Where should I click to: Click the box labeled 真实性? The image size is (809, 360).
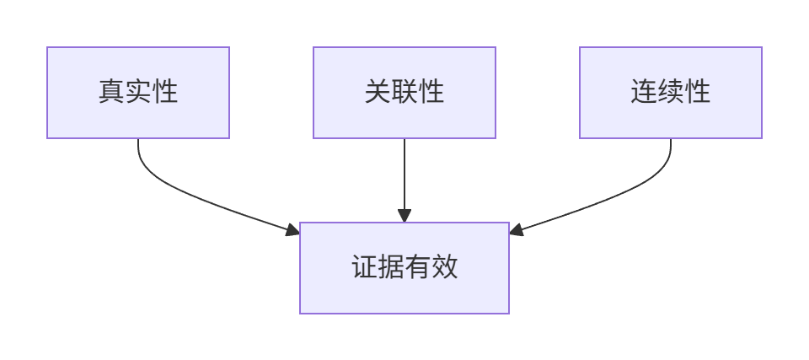(x=138, y=93)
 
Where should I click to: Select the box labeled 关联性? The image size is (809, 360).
(x=404, y=93)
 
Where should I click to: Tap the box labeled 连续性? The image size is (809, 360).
(x=671, y=93)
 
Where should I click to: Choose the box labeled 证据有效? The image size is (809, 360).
(x=404, y=268)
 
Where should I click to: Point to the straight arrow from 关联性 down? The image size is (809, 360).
(x=404, y=180)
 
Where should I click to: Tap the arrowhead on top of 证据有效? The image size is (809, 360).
(x=404, y=216)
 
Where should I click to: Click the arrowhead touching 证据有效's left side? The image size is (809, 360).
(x=293, y=230)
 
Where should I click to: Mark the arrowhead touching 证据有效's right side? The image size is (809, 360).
(x=516, y=230)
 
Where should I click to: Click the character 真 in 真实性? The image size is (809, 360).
(x=111, y=92)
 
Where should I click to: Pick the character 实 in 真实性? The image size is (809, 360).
(x=138, y=92)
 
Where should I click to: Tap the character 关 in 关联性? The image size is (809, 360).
(x=378, y=92)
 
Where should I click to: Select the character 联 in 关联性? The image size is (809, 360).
(x=404, y=92)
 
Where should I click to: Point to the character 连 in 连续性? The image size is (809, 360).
(x=644, y=92)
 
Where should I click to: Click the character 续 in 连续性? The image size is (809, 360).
(x=671, y=92)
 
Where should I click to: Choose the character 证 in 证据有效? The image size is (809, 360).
(x=365, y=267)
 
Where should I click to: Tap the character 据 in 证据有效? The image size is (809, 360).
(x=392, y=267)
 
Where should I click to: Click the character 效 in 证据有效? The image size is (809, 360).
(x=445, y=267)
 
